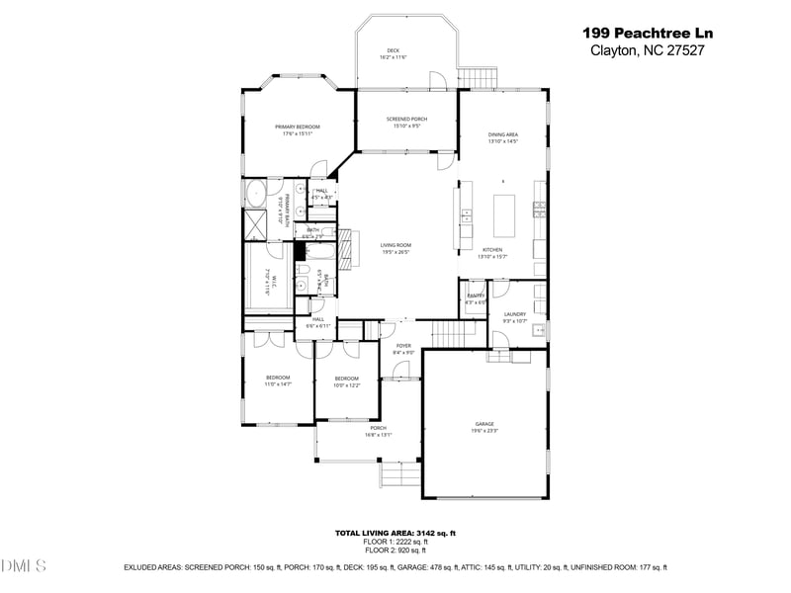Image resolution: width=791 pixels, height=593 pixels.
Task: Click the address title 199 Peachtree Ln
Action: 648,33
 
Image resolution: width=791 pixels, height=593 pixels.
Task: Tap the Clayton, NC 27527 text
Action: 648,50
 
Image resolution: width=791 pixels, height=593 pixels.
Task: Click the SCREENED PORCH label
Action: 405,123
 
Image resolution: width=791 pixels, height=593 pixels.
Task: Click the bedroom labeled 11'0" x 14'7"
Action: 277,381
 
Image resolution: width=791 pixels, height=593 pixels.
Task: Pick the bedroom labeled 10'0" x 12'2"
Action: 346,381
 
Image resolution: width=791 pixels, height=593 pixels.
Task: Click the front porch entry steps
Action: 398,478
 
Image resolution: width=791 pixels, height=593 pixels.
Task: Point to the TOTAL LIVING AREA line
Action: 395,534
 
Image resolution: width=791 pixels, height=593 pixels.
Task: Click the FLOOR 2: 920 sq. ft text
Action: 395,550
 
